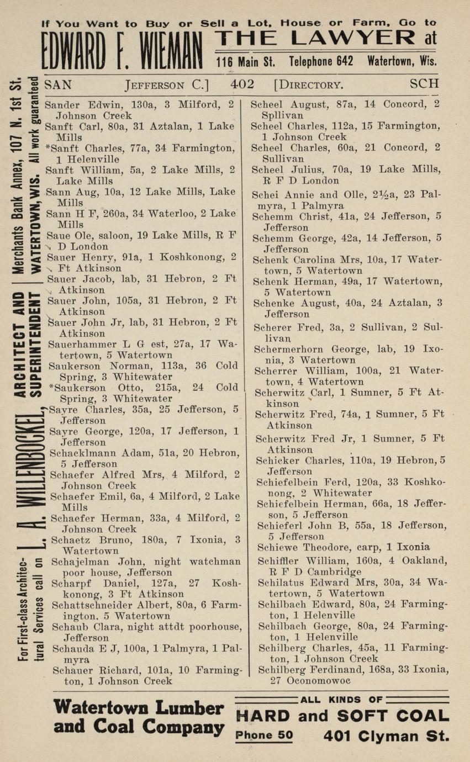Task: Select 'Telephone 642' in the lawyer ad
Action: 321,61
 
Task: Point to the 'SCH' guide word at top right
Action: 424,84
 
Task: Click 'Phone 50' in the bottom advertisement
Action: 264,735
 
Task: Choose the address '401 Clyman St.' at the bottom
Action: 386,735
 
